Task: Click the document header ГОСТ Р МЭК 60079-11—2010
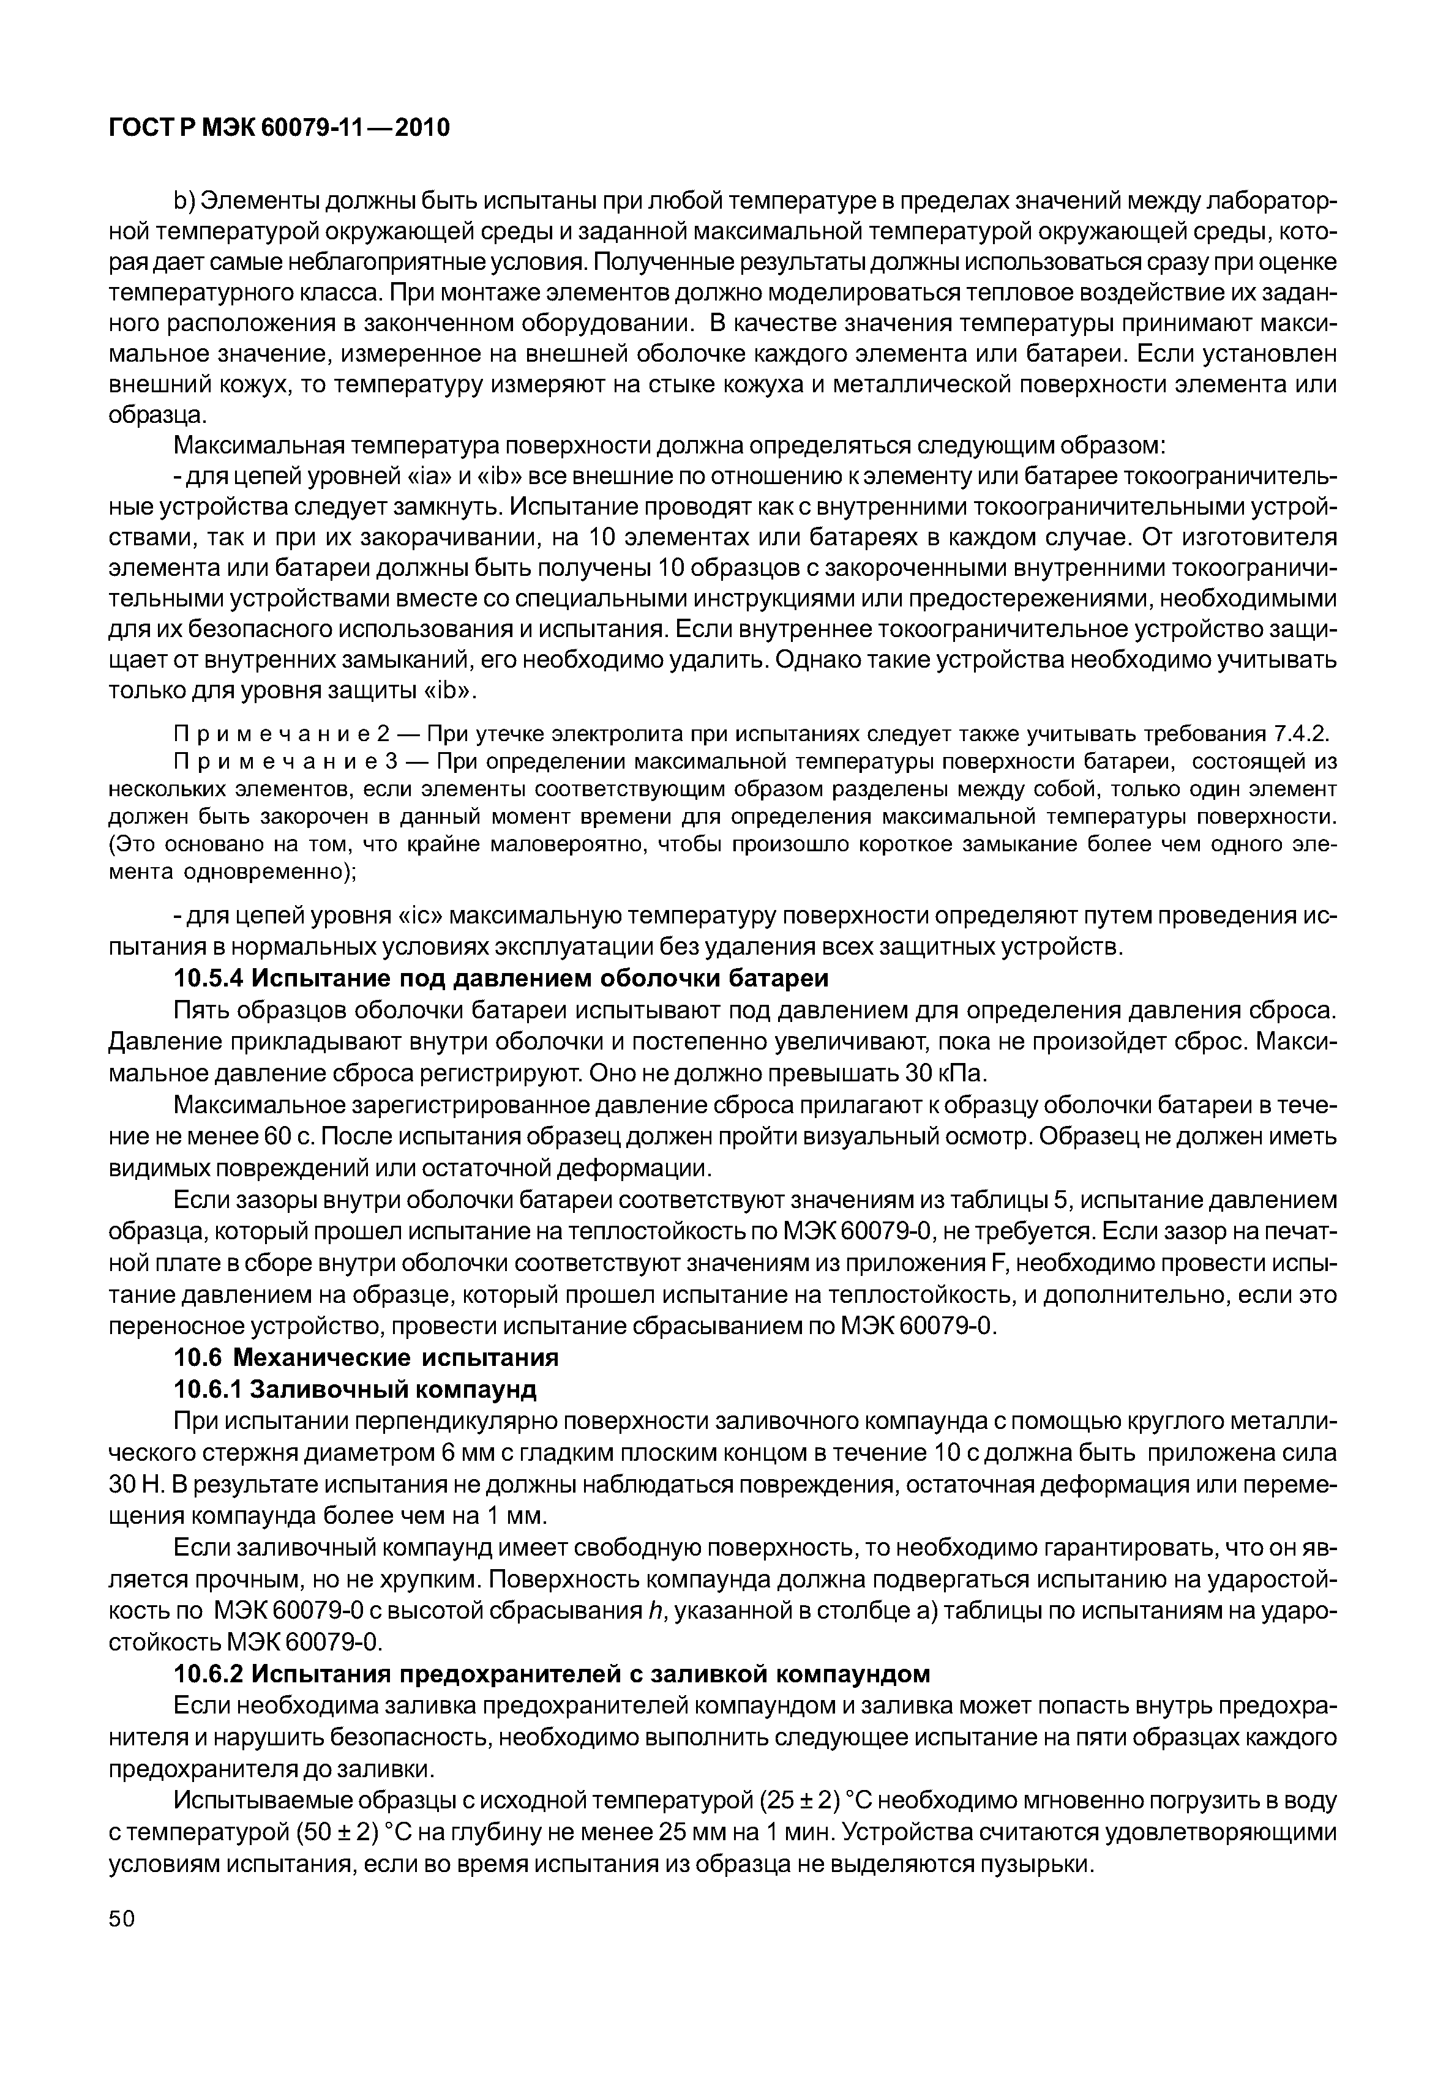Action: click(279, 129)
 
